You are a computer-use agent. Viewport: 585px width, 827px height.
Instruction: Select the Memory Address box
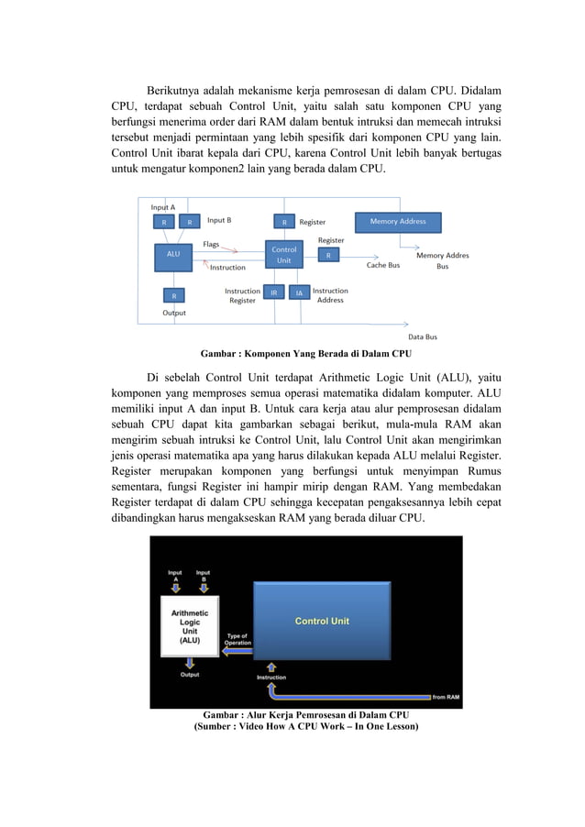point(397,222)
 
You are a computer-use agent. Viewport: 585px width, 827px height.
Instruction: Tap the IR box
point(273,292)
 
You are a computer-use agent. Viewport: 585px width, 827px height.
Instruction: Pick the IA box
point(299,292)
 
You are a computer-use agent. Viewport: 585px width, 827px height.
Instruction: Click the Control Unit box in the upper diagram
point(284,255)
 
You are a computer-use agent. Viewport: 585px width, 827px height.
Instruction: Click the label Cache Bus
point(382,265)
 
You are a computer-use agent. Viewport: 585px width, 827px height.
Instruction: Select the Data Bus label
point(422,336)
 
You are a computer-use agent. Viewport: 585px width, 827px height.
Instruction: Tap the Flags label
point(211,244)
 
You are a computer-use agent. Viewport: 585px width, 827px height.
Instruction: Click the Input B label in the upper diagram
point(218,220)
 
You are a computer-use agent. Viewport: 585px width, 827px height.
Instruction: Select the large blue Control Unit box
point(321,621)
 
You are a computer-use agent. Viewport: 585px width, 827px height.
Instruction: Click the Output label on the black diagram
point(190,675)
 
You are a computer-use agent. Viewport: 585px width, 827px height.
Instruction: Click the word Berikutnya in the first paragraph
point(178,92)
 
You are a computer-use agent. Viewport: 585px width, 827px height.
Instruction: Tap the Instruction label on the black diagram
point(270,677)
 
